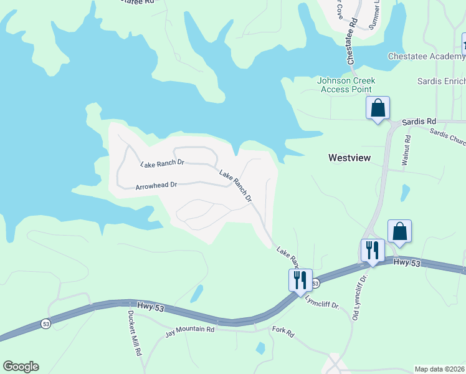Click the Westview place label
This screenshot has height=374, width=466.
[349, 158]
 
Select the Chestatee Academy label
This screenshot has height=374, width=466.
[426, 56]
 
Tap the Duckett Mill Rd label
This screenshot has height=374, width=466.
[133, 333]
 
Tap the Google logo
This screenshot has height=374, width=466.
[21, 366]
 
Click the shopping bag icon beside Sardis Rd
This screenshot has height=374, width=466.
[378, 108]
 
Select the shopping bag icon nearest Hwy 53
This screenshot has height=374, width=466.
[399, 231]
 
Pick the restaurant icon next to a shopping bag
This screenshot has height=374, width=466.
[373, 251]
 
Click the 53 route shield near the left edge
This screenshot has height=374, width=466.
[46, 324]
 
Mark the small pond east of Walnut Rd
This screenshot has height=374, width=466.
[406, 193]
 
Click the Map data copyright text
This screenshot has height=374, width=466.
[440, 369]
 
